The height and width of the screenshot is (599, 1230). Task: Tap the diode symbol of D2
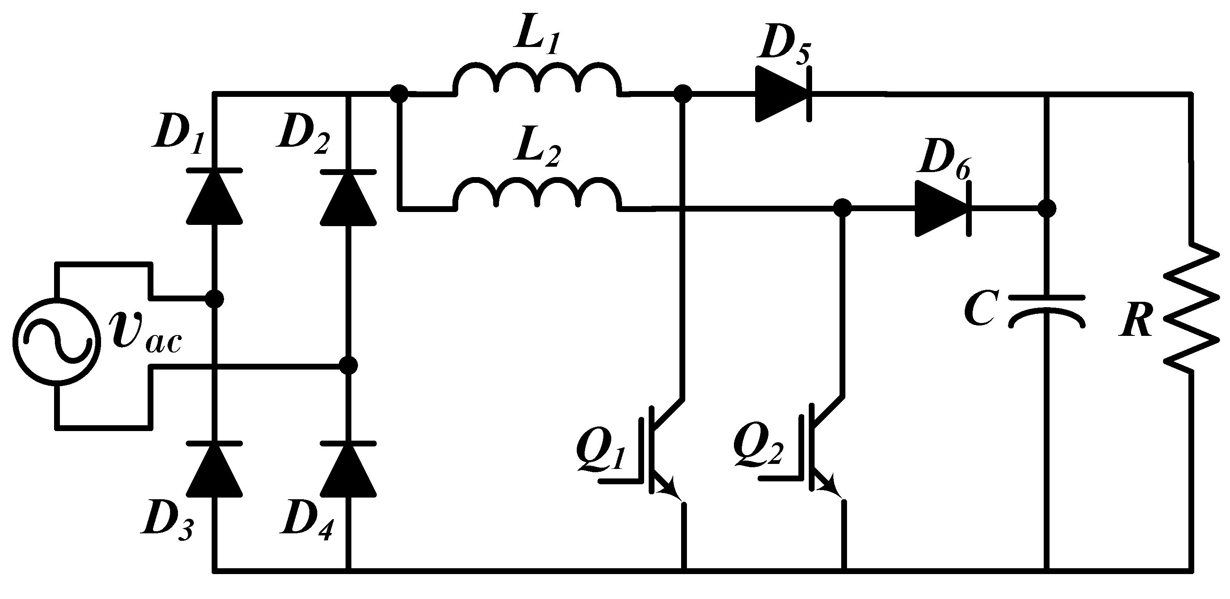(348, 197)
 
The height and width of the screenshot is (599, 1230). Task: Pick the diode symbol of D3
(213, 470)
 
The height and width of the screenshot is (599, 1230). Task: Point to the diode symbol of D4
(348, 470)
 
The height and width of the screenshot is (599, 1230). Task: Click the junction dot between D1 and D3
(214, 299)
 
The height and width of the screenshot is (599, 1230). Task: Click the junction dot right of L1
(683, 94)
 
